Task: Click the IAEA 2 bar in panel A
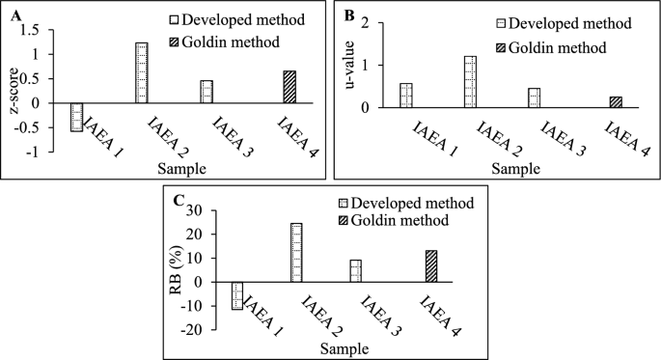pos(141,72)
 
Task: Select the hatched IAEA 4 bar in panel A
pos(289,87)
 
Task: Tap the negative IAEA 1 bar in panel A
pos(76,117)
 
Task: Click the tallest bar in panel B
pos(470,82)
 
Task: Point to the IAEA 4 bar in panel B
pos(616,102)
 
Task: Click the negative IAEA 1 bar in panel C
pos(237,295)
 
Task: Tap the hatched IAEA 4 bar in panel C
pos(431,266)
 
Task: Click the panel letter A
pos(13,14)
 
